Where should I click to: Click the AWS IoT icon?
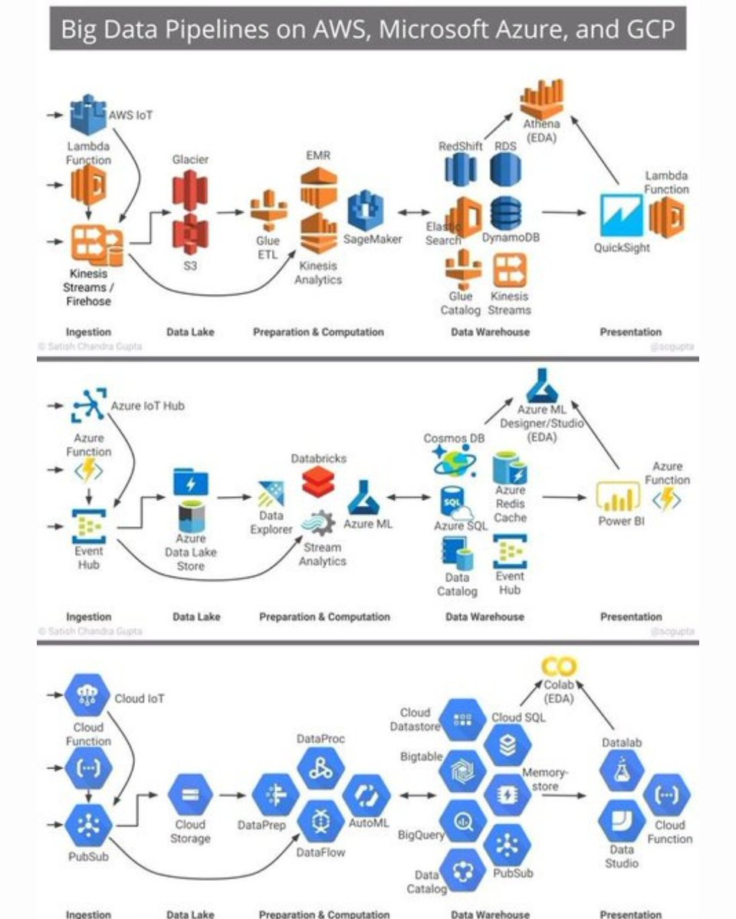coord(88,116)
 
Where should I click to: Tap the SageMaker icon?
coord(366,211)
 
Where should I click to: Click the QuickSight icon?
coord(621,215)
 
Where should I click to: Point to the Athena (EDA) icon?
coord(541,97)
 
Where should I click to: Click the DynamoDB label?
coord(511,238)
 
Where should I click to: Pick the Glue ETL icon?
coord(269,210)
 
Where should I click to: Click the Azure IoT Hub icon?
coord(88,406)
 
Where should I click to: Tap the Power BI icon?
coord(619,498)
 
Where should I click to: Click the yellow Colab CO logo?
coord(558,666)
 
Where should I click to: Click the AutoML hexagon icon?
coord(366,796)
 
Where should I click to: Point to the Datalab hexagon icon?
coord(620,770)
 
